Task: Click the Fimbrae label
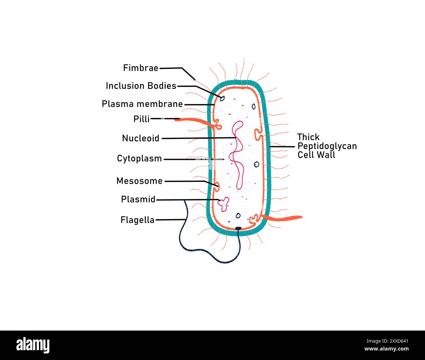click(141, 68)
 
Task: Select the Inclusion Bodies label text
click(141, 86)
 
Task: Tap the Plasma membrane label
click(142, 104)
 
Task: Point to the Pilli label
click(141, 119)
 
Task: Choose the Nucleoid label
click(141, 138)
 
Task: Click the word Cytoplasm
click(139, 159)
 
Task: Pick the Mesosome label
click(139, 181)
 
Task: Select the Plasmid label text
click(138, 199)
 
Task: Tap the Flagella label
click(137, 220)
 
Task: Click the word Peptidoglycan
click(327, 146)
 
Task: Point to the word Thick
click(308, 137)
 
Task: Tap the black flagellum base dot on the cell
click(239, 228)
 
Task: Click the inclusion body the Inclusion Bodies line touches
click(222, 98)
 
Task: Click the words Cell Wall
click(316, 155)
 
